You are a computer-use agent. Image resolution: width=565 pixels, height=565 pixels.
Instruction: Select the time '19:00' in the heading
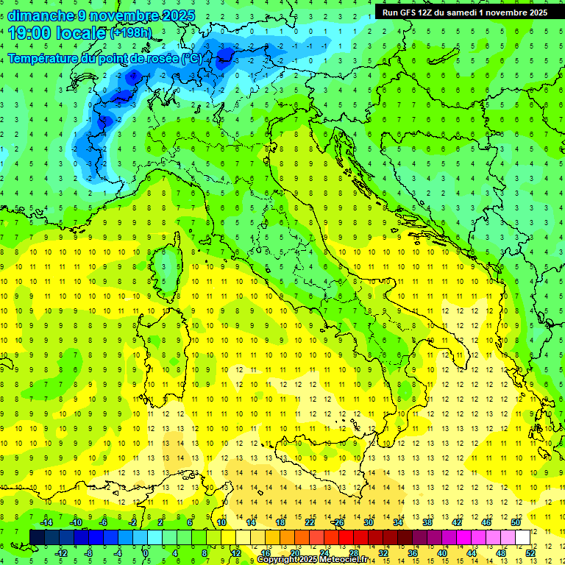click(29, 33)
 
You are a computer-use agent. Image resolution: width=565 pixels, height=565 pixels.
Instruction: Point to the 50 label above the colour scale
click(515, 522)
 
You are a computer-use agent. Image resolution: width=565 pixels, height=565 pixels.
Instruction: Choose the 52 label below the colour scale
click(530, 552)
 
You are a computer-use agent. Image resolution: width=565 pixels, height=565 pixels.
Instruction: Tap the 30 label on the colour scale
click(369, 522)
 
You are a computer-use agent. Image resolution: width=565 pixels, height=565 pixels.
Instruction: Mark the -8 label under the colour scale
click(89, 552)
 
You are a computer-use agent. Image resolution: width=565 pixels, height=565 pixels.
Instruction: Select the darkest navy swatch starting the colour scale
click(38, 537)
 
